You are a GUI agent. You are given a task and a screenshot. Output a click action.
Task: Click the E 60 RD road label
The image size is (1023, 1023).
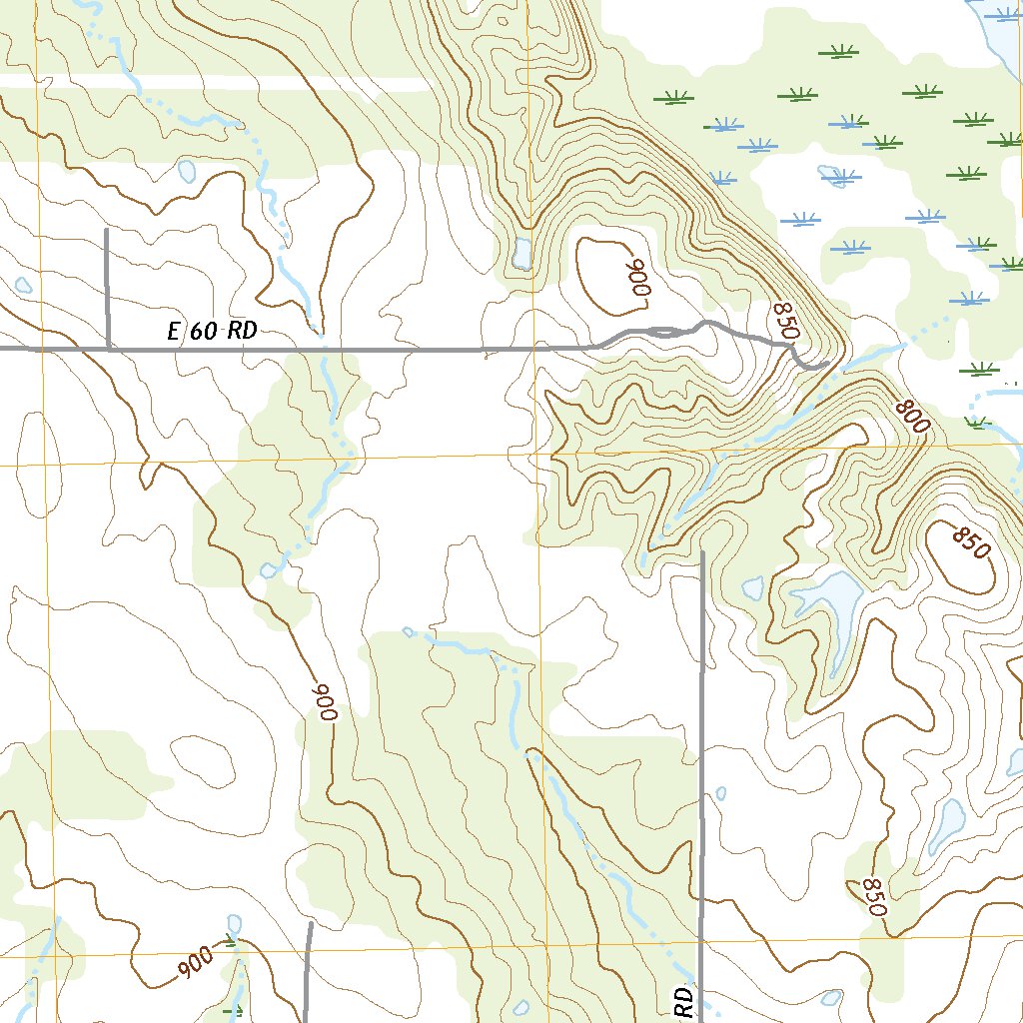212,332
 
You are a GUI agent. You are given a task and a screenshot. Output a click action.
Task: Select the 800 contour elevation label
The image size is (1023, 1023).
912,415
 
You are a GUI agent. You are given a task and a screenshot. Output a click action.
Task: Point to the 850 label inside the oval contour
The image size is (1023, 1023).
969,544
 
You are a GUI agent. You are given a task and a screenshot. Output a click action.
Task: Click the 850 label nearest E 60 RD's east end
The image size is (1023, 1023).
786,321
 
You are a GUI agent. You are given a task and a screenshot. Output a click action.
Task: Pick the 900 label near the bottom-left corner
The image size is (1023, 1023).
196,961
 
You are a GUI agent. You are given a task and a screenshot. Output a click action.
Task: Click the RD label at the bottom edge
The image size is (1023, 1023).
683,1002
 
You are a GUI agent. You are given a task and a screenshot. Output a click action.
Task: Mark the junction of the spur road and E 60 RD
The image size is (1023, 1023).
108,350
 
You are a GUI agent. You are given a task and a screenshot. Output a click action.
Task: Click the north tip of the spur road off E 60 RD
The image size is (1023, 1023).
107,230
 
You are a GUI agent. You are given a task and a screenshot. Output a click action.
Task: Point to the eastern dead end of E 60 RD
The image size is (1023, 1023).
825,366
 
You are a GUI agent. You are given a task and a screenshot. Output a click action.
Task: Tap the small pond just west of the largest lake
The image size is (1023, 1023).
752,588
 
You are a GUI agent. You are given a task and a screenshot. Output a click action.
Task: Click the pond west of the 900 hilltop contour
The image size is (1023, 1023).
520,254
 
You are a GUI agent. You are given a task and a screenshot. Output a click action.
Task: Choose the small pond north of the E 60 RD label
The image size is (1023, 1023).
187,171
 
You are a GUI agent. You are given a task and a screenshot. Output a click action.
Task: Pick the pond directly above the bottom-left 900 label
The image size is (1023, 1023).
234,922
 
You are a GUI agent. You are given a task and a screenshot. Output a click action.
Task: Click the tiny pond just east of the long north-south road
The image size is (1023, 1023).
721,795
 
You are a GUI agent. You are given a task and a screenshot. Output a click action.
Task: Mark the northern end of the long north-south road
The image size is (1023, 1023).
703,551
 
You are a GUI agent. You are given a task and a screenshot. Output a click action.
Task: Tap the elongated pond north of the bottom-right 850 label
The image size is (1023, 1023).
945,825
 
